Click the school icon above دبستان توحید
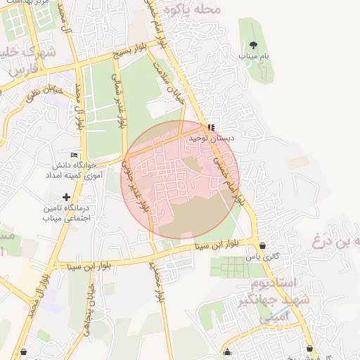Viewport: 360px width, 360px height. pos(211,127)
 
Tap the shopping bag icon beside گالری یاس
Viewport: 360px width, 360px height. pos(262,246)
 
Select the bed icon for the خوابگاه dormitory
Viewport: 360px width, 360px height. pos(74,155)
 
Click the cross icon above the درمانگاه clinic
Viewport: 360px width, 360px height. pos(67,198)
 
